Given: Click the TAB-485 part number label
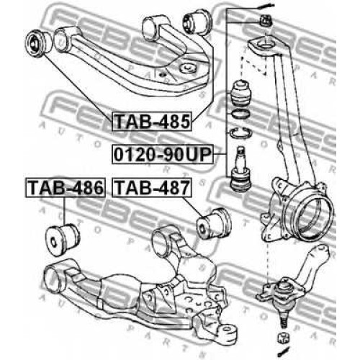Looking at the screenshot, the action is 152,122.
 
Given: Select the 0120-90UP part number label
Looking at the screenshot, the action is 163,154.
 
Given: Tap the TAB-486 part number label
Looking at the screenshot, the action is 66,188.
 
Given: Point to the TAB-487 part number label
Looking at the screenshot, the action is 152,188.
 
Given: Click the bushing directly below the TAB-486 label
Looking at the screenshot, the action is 63,239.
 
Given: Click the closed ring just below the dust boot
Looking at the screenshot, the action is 240,113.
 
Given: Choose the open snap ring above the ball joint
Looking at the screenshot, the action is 240,132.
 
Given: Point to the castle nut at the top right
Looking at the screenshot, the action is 266,20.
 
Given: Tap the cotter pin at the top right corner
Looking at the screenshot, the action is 265,6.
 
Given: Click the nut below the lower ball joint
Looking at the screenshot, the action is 283,338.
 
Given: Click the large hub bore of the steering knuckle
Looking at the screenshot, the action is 312,217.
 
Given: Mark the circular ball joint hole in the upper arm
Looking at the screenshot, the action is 188,68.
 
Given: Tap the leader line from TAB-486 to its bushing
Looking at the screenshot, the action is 64,210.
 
